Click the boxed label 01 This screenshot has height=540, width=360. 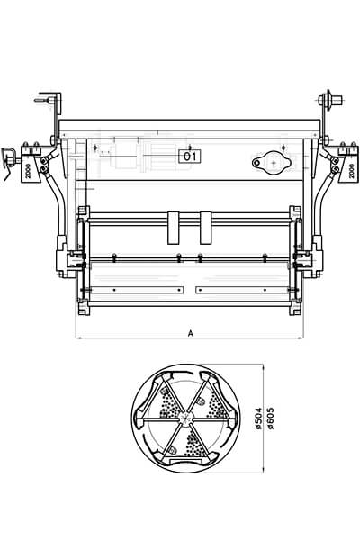[190, 157]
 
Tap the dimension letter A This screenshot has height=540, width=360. [191, 333]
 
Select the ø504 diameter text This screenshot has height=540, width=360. [259, 418]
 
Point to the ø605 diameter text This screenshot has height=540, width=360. [270, 418]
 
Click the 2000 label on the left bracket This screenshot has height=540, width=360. [28, 171]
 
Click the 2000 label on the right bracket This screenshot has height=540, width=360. [351, 171]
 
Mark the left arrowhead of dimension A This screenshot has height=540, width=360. [78, 338]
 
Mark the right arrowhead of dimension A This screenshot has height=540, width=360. [301, 338]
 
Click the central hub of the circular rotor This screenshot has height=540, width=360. [185, 418]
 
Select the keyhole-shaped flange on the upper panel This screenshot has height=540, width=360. [272, 163]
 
